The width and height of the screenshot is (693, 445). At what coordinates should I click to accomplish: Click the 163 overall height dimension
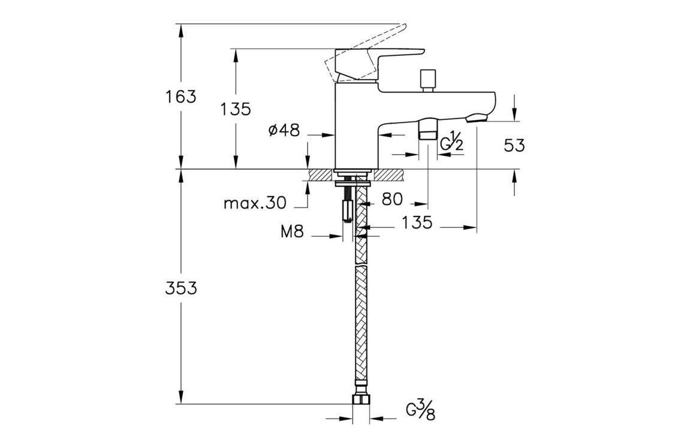tap(181, 97)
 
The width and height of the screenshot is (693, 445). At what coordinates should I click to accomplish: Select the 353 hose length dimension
tap(181, 288)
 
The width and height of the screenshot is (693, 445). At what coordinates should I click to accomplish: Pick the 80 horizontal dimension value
tap(392, 199)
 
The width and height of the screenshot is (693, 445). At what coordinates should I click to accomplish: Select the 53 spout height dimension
tap(514, 145)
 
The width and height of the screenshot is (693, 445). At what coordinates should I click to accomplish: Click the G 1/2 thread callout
tap(452, 144)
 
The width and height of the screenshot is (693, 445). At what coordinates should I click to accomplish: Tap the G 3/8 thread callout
tap(420, 411)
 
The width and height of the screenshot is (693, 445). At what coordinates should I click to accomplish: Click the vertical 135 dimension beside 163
tap(235, 110)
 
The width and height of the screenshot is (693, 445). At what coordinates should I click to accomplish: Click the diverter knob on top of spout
tap(427, 80)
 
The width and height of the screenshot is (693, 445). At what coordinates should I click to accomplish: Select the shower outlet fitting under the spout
tap(427, 129)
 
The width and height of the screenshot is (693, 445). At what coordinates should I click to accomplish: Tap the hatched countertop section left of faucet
tap(320, 175)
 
